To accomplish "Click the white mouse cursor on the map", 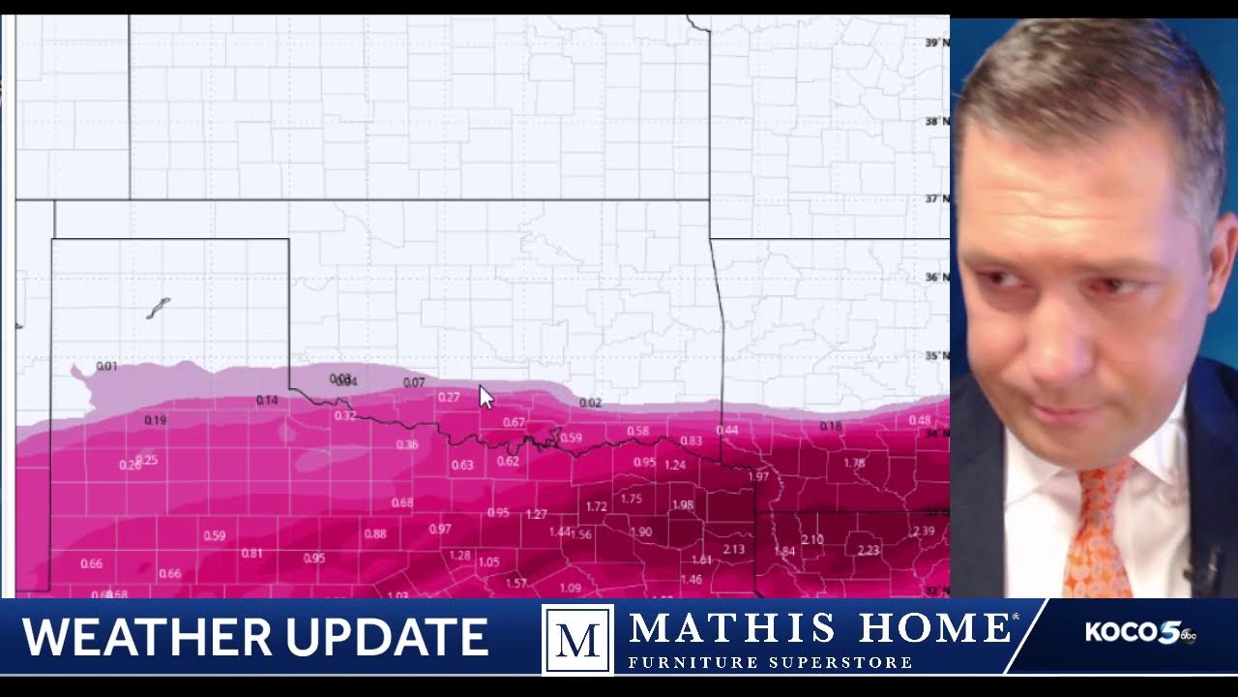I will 486,397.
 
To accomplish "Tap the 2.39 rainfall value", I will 923,531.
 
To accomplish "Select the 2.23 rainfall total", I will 868,550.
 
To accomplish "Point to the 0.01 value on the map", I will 106,367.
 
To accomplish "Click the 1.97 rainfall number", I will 758,476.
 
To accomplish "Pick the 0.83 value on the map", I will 691,441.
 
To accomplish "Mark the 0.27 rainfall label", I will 449,397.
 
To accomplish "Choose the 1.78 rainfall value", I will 853,464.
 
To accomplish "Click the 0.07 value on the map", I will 414,382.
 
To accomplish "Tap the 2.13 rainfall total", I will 733,550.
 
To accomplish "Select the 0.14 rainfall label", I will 266,401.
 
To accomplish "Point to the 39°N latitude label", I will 935,44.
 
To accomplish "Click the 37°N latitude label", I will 935,198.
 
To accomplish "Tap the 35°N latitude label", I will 935,356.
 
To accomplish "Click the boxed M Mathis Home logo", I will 577,639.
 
